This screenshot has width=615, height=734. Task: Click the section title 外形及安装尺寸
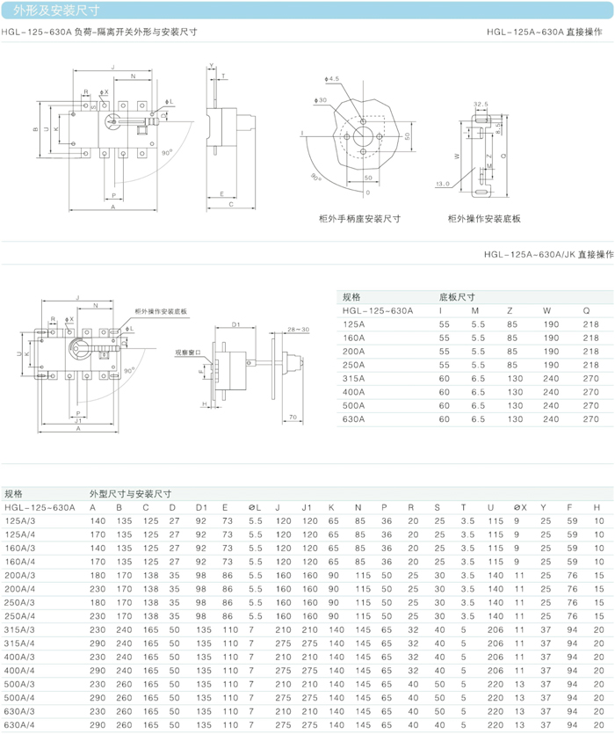(57, 11)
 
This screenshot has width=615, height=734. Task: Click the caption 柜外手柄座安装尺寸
(360, 219)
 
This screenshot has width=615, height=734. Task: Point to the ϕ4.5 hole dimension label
(331, 79)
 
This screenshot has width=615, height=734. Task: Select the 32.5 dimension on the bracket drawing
(481, 104)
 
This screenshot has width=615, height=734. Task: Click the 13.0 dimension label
(442, 185)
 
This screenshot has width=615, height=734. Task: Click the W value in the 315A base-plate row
(551, 378)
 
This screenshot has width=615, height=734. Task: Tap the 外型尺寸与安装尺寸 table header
(130, 494)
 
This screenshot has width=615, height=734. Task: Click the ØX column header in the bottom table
(519, 507)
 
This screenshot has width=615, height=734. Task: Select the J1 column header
(307, 507)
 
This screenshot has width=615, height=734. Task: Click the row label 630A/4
(20, 724)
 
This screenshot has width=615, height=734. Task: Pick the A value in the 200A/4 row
(98, 588)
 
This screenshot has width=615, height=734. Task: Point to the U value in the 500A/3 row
(496, 683)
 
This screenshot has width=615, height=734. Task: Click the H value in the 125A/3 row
(598, 521)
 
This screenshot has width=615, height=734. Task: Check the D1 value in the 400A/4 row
(204, 670)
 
